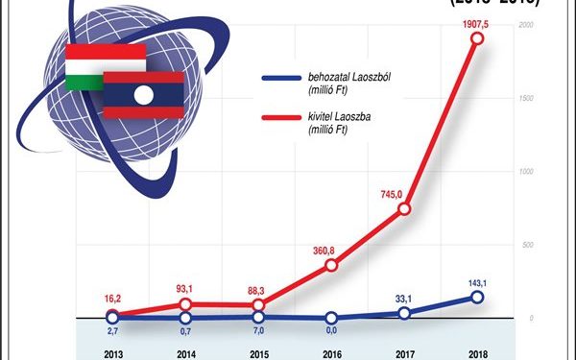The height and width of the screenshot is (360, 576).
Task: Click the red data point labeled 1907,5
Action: pos(477,39)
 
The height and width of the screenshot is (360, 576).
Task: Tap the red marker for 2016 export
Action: pos(331,265)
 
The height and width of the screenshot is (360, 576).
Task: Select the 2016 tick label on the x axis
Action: pos(331,352)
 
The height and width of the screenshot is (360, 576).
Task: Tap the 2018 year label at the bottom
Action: pos(477,352)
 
